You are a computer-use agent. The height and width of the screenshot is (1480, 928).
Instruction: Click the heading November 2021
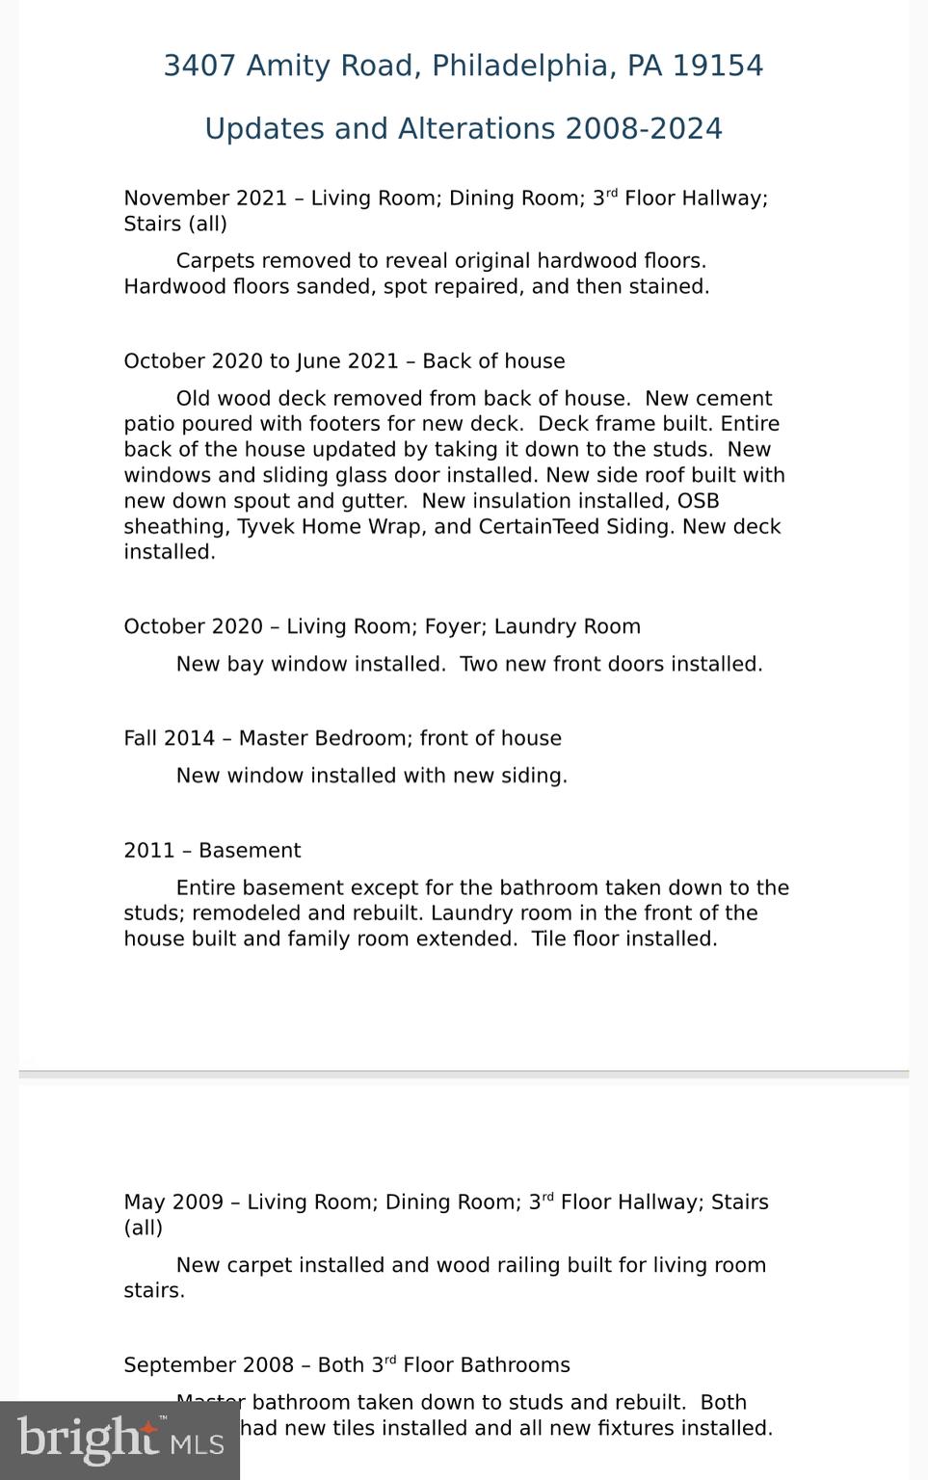205,198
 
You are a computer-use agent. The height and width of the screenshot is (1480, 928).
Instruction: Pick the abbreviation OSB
698,501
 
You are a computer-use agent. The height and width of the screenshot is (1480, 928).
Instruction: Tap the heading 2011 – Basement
212,851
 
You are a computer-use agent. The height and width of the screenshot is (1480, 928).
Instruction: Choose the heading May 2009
171,1202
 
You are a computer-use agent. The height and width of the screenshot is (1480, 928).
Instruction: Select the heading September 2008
208,1365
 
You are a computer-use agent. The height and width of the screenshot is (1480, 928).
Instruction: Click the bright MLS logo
119,1440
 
